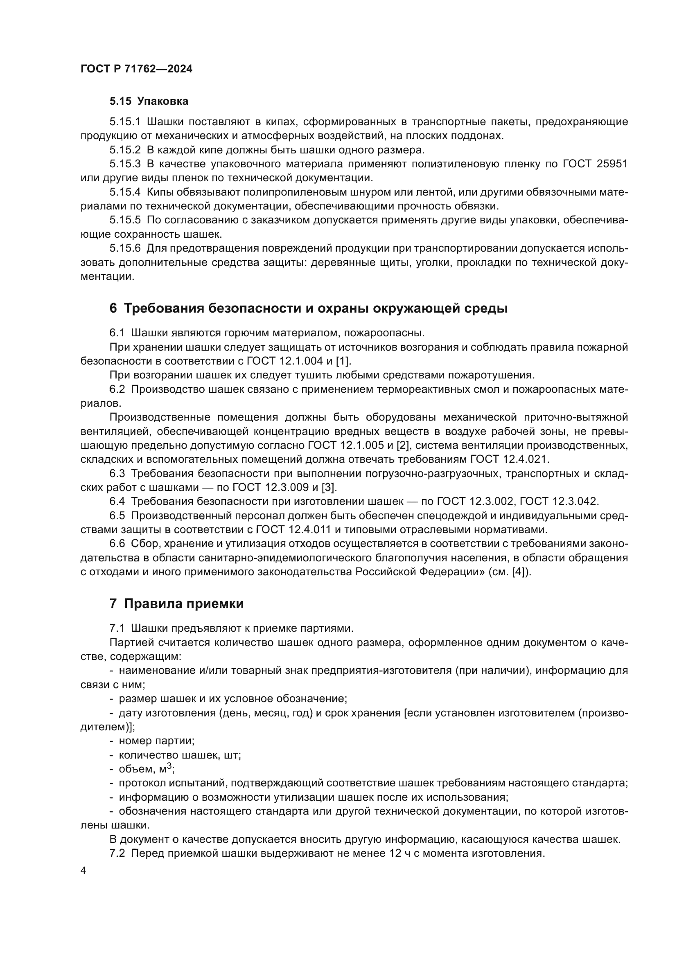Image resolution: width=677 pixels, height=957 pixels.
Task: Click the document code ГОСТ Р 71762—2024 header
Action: click(136, 69)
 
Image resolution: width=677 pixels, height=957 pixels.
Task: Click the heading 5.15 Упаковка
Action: click(149, 101)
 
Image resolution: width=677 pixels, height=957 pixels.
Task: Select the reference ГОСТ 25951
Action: click(595, 164)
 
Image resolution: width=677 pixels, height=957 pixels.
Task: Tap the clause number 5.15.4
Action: click(125, 192)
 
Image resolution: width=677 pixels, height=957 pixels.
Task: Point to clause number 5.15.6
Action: click(125, 248)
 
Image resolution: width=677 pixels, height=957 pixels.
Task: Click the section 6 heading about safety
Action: click(309, 308)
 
